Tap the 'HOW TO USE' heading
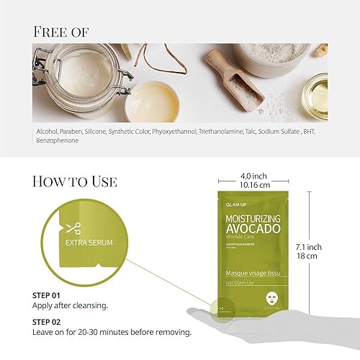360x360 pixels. click(75, 181)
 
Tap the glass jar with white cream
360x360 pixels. click(76, 76)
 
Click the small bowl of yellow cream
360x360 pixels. click(152, 97)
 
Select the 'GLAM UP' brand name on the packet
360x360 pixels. click(231, 204)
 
